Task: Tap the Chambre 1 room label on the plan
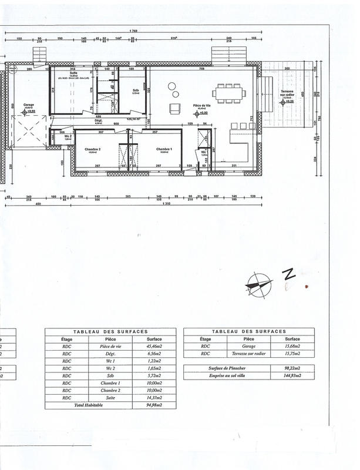(x=163, y=149)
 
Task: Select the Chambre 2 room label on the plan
(x=93, y=149)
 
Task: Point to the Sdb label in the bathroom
(x=134, y=90)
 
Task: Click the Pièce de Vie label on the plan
(x=203, y=106)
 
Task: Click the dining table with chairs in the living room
(x=228, y=91)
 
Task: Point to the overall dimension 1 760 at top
(x=133, y=31)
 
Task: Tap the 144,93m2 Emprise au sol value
(x=292, y=375)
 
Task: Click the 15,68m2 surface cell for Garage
(x=292, y=347)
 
